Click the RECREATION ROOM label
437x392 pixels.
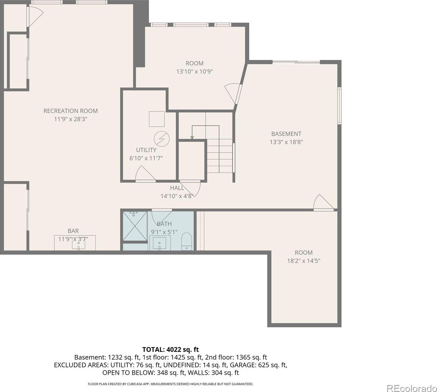click(x=71, y=111)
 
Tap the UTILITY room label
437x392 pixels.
click(x=146, y=150)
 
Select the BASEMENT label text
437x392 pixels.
click(x=286, y=134)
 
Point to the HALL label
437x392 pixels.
click(x=177, y=188)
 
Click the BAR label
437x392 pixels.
click(x=73, y=231)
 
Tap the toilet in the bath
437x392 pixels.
click(x=186, y=242)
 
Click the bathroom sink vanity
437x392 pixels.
click(x=159, y=243)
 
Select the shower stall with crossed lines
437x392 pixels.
click(x=135, y=226)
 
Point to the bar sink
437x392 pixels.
click(x=79, y=245)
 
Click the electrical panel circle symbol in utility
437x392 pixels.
click(x=162, y=139)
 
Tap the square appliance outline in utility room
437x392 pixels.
click(x=157, y=119)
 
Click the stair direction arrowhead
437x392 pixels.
click(x=192, y=138)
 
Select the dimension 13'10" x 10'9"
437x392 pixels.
click(x=195, y=71)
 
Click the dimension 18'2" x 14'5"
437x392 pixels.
click(x=304, y=261)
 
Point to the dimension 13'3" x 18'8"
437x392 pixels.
click(x=286, y=142)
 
